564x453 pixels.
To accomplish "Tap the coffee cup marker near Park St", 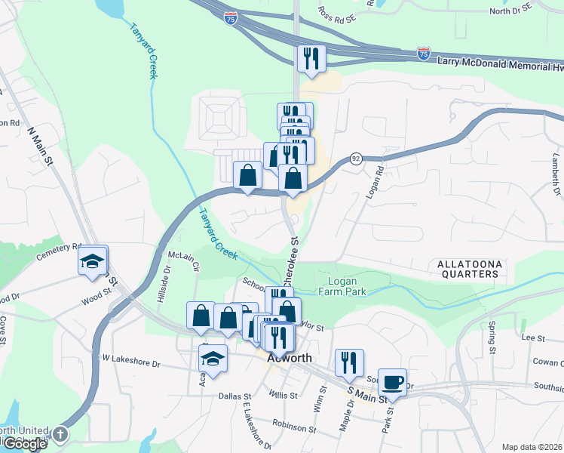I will [x=392, y=383].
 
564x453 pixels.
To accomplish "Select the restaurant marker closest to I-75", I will [x=311, y=60].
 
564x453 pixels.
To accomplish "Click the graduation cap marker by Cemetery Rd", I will [x=92, y=261].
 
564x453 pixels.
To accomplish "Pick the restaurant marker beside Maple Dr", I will [x=349, y=363].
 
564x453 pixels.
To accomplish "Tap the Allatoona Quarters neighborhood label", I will [x=467, y=269].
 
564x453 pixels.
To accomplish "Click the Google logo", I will [x=24, y=444].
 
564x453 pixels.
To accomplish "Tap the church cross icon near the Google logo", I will [x=60, y=435].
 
